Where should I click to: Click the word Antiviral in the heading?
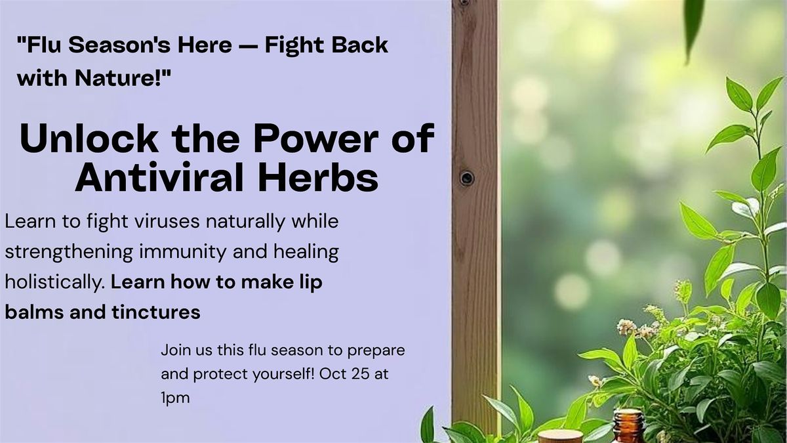159,177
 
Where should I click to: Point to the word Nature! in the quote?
123,77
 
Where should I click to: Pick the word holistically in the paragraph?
55,283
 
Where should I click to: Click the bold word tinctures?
156,312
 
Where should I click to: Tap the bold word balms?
35,312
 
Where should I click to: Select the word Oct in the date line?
332,373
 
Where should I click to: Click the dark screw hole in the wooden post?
466,178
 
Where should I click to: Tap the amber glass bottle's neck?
629,419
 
